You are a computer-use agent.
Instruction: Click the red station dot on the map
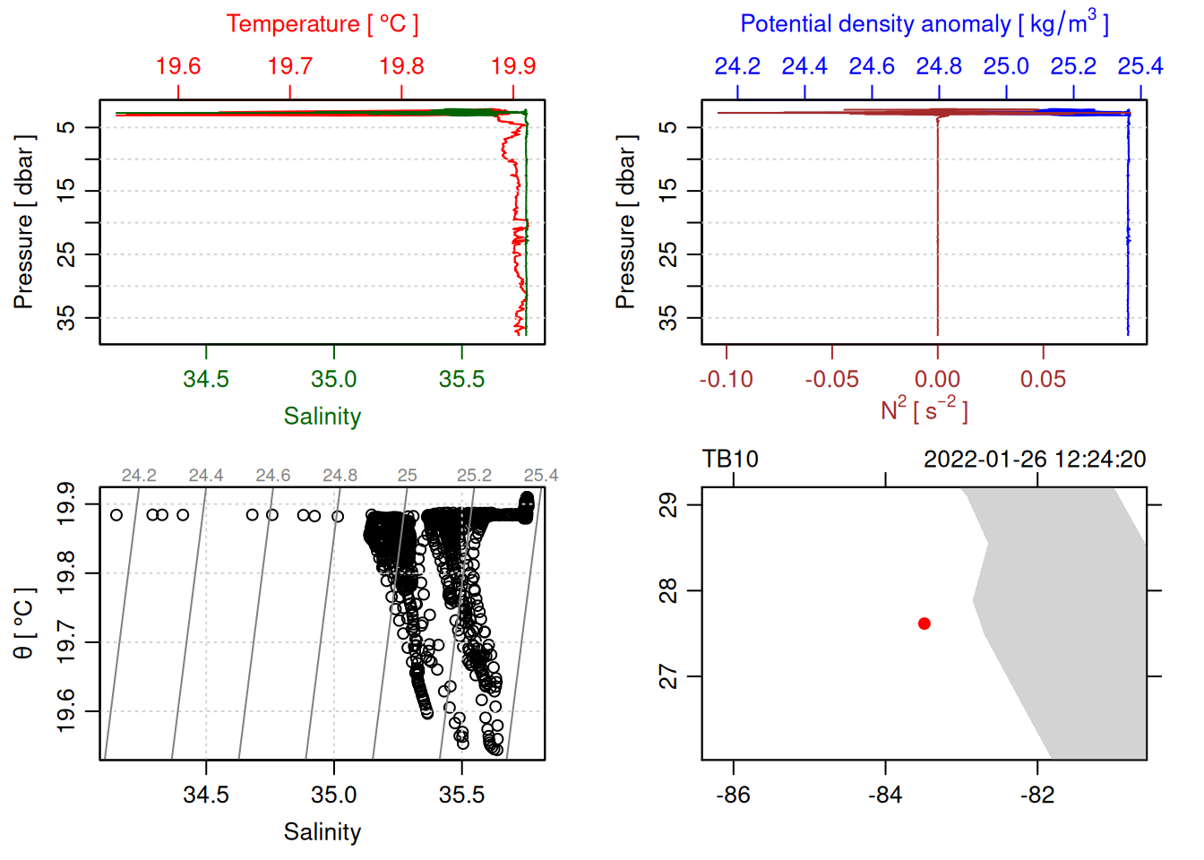[x=924, y=623]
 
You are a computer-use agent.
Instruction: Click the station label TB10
[x=730, y=460]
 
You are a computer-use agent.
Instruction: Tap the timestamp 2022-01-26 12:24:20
[x=1035, y=460]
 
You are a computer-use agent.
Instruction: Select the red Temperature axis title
[x=322, y=24]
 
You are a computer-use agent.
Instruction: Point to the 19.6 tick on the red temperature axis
[x=178, y=66]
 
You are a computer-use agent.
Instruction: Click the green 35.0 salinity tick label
[x=334, y=379]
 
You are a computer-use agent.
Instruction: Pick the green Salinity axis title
[x=322, y=417]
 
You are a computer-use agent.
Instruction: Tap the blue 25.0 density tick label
[x=1006, y=66]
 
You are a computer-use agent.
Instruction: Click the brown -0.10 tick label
[x=727, y=380]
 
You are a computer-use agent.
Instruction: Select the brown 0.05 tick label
[x=1043, y=380]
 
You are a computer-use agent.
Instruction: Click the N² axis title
[x=924, y=410]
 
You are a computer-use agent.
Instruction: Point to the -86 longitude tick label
[x=734, y=795]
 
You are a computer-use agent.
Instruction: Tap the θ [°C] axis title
[x=24, y=623]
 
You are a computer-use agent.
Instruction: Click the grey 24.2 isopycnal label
[x=139, y=476]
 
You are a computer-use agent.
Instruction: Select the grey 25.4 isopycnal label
[x=541, y=476]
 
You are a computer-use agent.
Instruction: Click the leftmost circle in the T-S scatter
[x=116, y=515]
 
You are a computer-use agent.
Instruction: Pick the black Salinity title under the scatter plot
[x=322, y=832]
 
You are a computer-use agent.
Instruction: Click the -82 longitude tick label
[x=1037, y=795]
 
